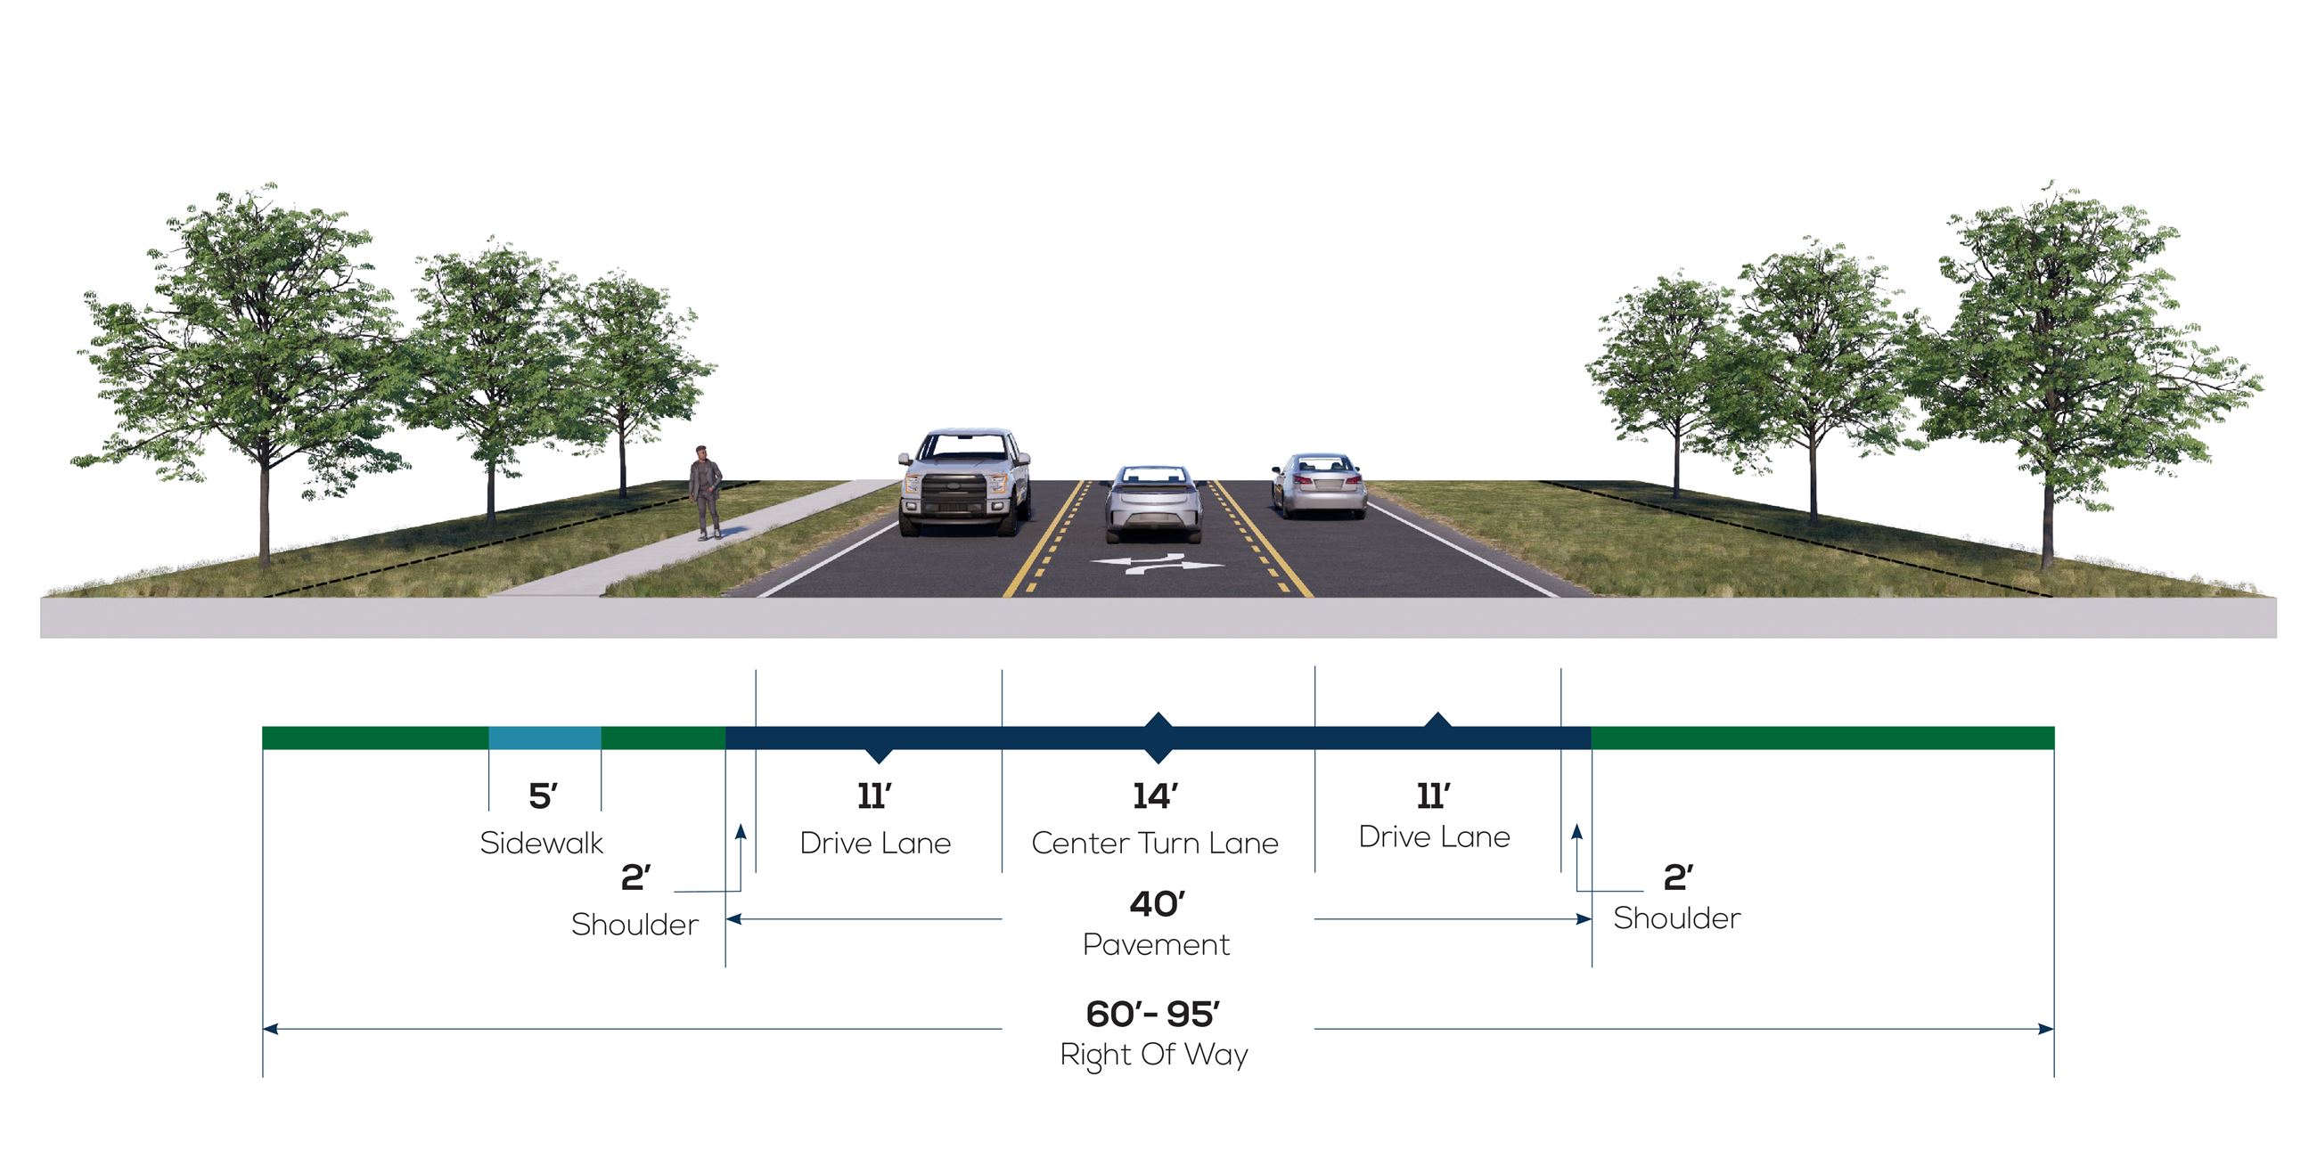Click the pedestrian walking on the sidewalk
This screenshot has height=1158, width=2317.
706,493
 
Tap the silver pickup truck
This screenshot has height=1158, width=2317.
965,483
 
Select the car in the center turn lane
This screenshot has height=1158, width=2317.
1154,504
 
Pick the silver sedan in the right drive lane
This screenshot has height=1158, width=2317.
1320,485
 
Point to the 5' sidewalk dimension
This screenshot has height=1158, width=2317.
543,795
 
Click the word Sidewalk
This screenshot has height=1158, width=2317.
542,844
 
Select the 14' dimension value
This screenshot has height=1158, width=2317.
1155,795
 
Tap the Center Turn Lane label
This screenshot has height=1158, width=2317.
1155,844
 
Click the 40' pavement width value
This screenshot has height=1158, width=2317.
1157,903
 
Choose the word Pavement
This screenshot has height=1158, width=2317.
1157,945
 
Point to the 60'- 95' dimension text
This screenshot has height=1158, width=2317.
1153,1015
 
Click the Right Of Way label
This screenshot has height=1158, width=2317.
1154,1055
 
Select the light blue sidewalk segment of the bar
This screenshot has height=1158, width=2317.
545,738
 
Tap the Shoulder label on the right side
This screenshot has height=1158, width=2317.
1676,919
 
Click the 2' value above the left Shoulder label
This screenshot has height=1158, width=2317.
636,877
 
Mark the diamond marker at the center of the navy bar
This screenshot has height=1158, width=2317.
1158,738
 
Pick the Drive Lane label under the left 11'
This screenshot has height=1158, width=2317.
875,844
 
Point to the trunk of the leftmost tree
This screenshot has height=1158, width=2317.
265,521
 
